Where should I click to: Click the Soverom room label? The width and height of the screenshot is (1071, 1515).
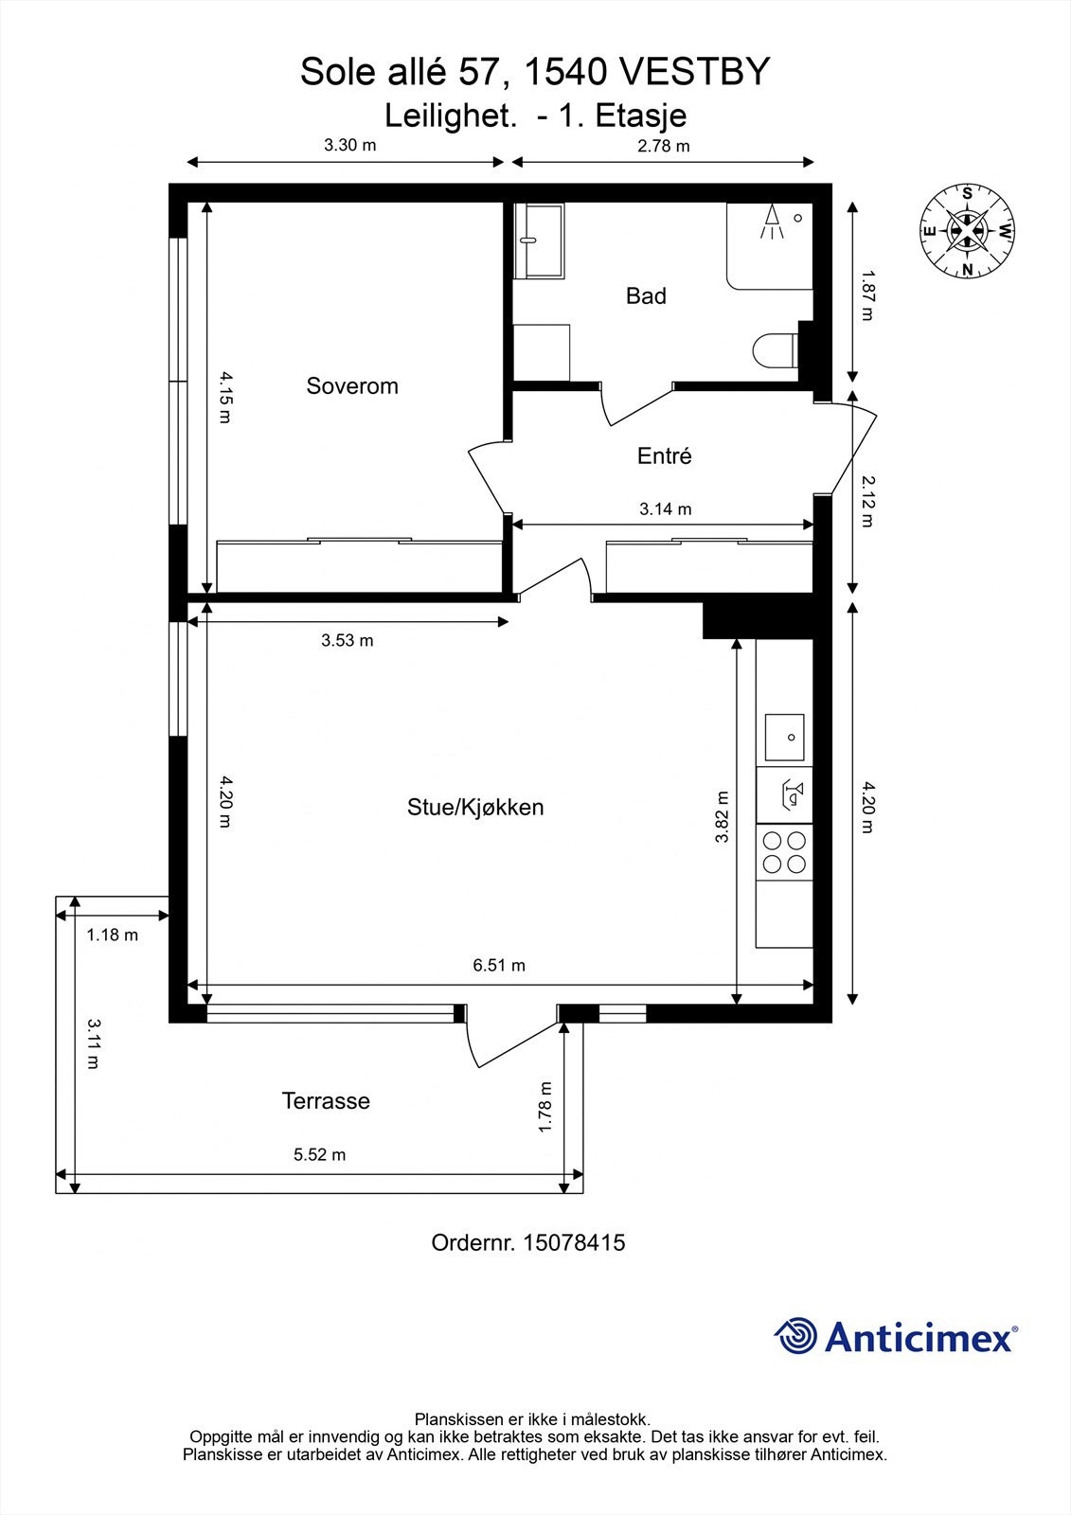click(352, 386)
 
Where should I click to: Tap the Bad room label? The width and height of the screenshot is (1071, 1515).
click(646, 295)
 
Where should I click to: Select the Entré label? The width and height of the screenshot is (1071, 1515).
click(665, 455)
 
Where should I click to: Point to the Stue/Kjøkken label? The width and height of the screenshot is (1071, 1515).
click(475, 807)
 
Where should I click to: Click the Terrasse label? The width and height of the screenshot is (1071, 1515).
click(326, 1100)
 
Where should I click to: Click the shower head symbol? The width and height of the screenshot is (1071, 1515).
click(772, 222)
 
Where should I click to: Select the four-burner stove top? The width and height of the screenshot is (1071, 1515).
click(785, 852)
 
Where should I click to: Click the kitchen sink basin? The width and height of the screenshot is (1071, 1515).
click(785, 738)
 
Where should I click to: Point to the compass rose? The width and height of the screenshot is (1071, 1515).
click(968, 231)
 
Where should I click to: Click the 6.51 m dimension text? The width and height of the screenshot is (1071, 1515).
click(499, 965)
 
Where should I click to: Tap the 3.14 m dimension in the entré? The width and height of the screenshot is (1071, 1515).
click(665, 508)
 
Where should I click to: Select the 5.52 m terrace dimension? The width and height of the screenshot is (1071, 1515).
click(319, 1154)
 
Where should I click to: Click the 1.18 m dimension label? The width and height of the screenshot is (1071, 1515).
click(113, 935)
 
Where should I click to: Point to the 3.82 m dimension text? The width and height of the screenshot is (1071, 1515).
click(722, 816)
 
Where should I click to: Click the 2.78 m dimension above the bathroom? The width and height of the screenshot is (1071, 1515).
click(663, 146)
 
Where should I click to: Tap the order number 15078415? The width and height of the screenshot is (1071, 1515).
click(574, 1242)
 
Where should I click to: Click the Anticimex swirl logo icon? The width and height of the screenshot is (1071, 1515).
click(795, 1335)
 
